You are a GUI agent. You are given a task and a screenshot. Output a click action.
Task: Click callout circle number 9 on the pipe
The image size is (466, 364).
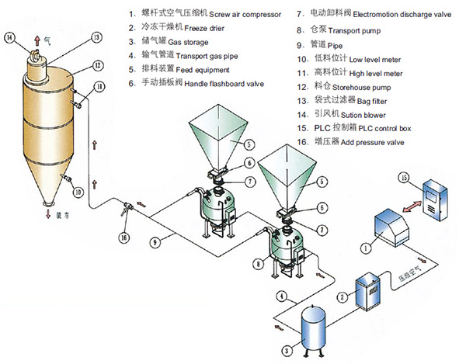point(155,243)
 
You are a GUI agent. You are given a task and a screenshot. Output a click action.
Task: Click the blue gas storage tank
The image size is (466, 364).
point(314,328)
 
